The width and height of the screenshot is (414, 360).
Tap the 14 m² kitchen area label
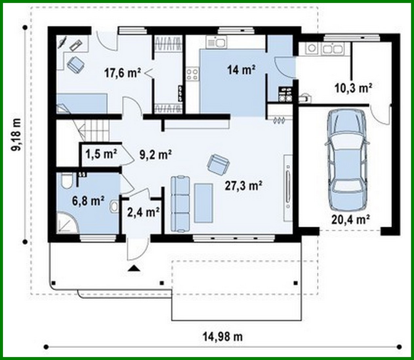click(x=241, y=70)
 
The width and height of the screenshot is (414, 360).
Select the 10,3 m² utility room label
click(x=353, y=88)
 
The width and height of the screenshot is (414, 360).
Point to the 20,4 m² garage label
click(x=350, y=219)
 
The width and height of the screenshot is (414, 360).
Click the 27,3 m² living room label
click(x=243, y=186)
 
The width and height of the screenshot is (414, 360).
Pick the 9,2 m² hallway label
click(x=155, y=154)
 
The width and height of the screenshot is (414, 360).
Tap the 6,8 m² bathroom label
click(x=88, y=200)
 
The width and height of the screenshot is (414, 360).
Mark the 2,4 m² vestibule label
click(x=143, y=212)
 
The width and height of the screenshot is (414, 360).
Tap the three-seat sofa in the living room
click(x=180, y=204)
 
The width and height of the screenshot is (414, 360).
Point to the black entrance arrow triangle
click(x=134, y=269)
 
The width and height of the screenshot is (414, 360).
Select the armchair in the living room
click(x=217, y=164)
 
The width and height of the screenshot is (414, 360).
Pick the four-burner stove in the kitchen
click(x=192, y=74)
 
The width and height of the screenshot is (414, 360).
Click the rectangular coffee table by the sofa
click(x=203, y=203)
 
